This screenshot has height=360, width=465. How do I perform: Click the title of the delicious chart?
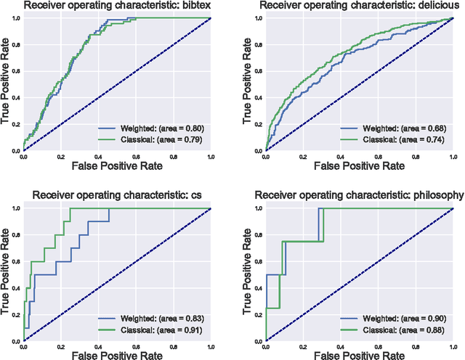[x=359, y=7]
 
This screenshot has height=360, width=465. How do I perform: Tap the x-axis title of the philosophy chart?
[x=359, y=353]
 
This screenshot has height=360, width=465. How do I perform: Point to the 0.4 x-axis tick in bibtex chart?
[x=98, y=157]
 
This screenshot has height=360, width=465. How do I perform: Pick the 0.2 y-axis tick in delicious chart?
[x=257, y=124]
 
